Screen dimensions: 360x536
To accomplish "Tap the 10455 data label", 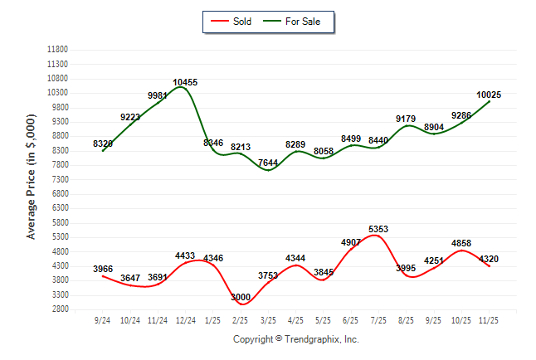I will coord(185,82).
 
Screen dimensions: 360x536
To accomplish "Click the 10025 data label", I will coord(489,95).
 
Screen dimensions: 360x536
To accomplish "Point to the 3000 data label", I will coord(241,297).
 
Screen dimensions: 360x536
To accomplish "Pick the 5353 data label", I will coord(378,229).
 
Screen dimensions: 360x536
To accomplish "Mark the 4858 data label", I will coord(461,243).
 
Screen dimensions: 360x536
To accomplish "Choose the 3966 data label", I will coord(103,269).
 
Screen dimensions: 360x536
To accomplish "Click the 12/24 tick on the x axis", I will coord(185,320).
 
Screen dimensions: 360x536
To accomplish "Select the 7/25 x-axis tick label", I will coord(378,320).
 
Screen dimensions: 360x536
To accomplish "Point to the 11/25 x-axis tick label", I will coord(489,320).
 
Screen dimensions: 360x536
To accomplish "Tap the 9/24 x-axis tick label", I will coord(103,320).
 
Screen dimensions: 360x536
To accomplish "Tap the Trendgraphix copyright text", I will coord(295,339).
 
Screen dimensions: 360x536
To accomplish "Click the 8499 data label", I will coord(351,139).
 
